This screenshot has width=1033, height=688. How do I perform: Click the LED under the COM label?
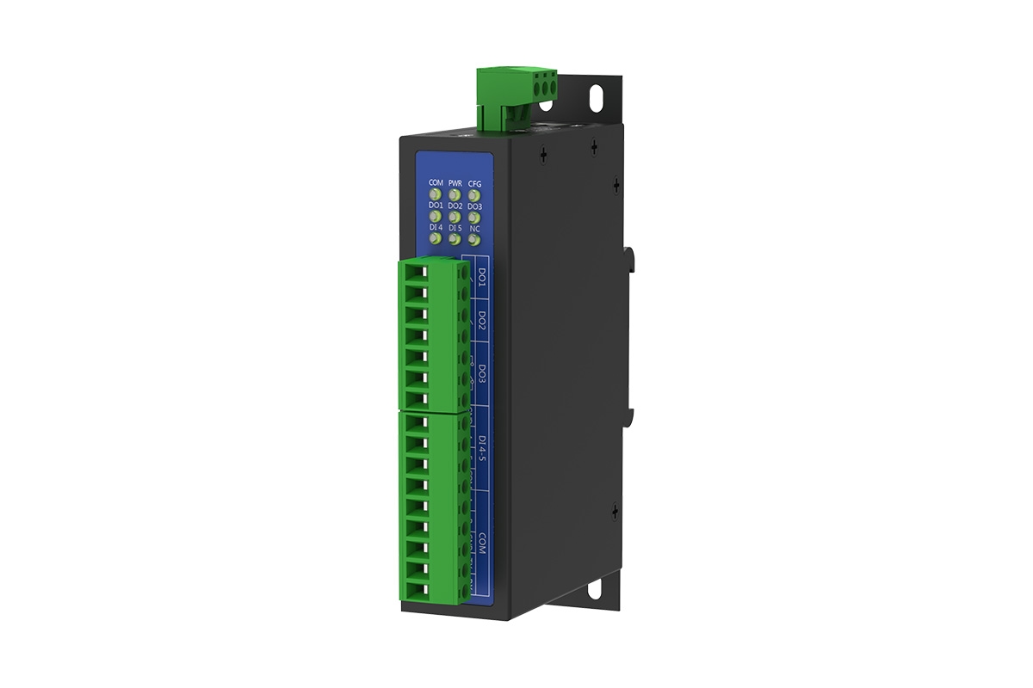click(436, 194)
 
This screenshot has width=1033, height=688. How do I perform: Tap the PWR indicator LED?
click(455, 194)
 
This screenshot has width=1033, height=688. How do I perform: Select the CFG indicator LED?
click(474, 194)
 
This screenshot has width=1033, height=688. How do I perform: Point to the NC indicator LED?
click(474, 239)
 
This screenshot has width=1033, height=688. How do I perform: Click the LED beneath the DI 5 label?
click(455, 239)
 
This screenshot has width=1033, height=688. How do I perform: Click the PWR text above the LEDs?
click(455, 183)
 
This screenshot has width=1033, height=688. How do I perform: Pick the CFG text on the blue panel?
click(474, 183)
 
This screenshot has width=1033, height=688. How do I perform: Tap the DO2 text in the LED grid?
click(455, 206)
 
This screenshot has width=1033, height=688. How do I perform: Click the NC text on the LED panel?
click(474, 228)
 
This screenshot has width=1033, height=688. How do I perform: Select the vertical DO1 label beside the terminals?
click(482, 278)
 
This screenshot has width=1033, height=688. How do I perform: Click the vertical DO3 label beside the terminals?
click(482, 374)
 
